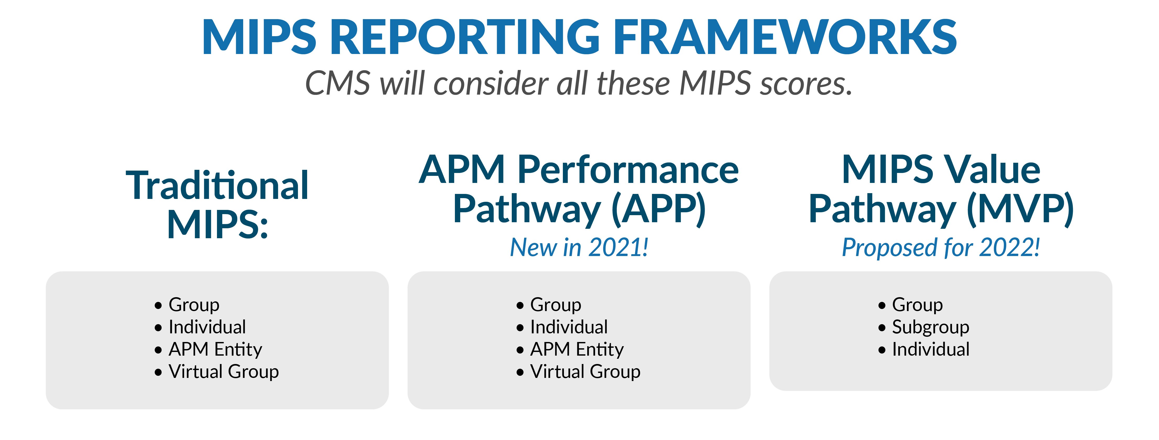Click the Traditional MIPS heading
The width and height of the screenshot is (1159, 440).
(217, 205)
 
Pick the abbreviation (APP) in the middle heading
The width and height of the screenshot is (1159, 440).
(659, 209)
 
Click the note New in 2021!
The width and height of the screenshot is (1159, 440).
(579, 247)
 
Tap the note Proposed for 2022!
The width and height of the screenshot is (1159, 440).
(941, 247)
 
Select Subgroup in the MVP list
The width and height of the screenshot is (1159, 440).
(931, 327)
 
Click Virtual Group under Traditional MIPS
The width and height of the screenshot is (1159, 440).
(224, 372)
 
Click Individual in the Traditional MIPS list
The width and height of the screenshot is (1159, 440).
(207, 327)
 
